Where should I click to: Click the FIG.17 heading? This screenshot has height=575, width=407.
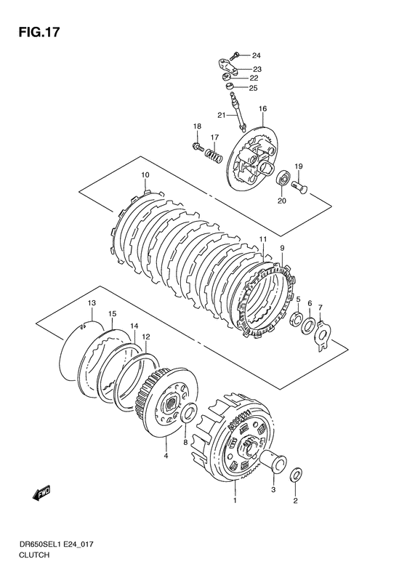pos(39,32)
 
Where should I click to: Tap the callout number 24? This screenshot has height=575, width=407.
pos(256,56)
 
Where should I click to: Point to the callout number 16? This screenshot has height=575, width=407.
pos(262,108)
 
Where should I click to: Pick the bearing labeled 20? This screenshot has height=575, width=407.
pos(282,179)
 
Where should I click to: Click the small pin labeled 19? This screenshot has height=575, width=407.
pos(299,186)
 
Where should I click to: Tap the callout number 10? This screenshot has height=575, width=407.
pos(145,175)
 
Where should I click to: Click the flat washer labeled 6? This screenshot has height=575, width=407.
pos(308,325)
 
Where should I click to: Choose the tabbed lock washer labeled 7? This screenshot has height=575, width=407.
pos(322,336)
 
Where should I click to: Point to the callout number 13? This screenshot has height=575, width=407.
pos(92,303)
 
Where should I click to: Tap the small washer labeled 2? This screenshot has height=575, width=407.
pos(297,475)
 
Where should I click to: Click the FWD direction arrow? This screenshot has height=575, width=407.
pos(41,493)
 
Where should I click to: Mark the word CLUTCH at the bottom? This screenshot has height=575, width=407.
pos(36,555)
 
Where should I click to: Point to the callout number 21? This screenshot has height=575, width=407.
pos(221,115)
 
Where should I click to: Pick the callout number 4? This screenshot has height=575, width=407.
pos(166,457)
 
